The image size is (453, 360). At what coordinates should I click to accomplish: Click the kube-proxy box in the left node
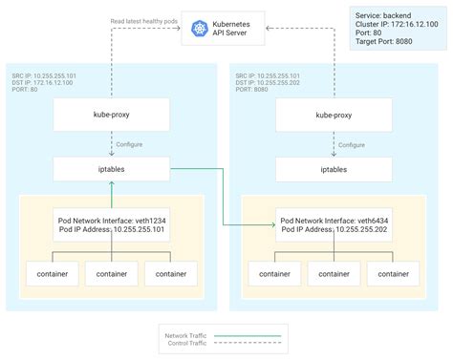(x=111, y=117)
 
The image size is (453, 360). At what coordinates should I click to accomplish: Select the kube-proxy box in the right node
(x=334, y=117)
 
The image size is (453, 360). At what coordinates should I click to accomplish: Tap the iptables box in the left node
(x=111, y=168)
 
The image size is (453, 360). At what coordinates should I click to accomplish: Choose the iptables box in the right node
(x=334, y=168)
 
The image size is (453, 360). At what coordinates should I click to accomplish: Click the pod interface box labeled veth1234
(x=111, y=225)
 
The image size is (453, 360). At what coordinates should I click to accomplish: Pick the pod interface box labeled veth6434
(x=334, y=225)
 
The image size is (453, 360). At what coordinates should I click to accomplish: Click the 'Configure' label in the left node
(x=129, y=144)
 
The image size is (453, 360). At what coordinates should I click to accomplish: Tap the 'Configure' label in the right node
(x=352, y=144)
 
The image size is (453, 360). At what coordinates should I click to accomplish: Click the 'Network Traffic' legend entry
(x=186, y=334)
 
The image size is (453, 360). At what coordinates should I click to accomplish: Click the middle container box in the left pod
(x=111, y=273)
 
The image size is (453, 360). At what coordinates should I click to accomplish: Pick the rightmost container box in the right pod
(x=395, y=273)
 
